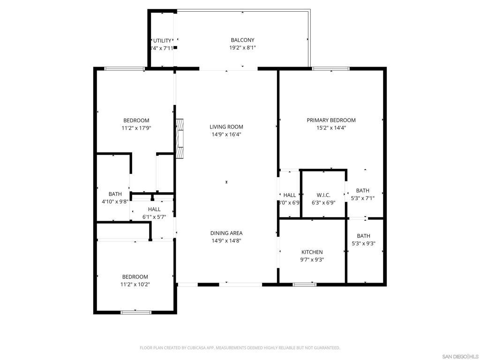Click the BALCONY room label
pos(242,40)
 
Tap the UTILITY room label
pos(162,41)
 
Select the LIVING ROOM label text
pos(226,127)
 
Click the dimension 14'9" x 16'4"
pos(226,135)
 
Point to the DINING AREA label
pos(226,233)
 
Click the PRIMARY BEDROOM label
pos(331,120)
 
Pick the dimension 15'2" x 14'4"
pos(331,128)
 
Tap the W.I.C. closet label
pos(323,195)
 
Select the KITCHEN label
pos(312,252)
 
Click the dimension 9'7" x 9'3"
pos(312,260)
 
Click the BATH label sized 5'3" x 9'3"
pos(363,236)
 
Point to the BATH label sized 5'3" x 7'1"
pos(362,190)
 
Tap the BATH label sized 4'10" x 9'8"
pos(115,194)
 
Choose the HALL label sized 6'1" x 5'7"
pos(154,210)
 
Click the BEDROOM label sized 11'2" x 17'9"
pos(136,120)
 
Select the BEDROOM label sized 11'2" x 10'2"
pos(135,277)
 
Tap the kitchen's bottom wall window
pos(305,284)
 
